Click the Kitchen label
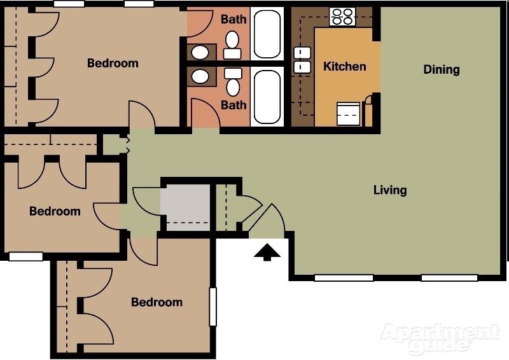[344, 66]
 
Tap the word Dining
[441, 69]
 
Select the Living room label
[389, 190]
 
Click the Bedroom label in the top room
[113, 63]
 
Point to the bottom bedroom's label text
[157, 302]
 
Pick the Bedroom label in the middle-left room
[55, 211]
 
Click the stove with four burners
[342, 16]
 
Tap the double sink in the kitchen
[301, 59]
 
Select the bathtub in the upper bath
[267, 34]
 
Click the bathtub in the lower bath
[267, 97]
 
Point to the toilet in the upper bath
[232, 43]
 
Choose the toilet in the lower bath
[233, 83]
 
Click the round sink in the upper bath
[200, 52]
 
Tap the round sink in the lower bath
[200, 77]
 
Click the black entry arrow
[267, 253]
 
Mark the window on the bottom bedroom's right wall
[213, 307]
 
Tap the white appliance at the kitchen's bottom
[348, 114]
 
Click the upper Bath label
[234, 19]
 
